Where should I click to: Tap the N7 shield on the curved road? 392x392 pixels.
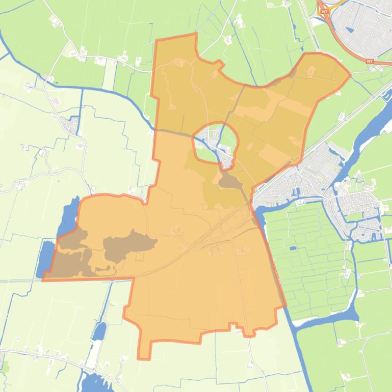(x=369, y=61)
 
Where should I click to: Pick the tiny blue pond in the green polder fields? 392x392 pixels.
(x=292, y=248)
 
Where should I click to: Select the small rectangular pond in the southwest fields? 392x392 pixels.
(x=99, y=331)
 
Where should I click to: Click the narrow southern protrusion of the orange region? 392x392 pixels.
(x=144, y=348)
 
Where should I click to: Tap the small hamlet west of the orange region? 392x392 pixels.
(x=70, y=124)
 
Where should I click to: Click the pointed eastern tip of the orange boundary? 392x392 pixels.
(x=350, y=76)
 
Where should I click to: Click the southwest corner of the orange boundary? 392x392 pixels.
(x=43, y=279)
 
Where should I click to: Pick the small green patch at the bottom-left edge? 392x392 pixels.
(x=5, y=366)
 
